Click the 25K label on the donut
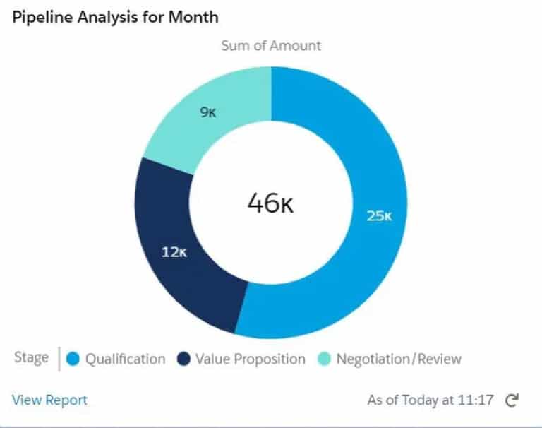pos(378,216)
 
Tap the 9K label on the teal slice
pos(208,112)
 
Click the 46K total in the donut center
pos(270,203)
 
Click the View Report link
pos(49,400)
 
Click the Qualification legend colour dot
pos(73,359)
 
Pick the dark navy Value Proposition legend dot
pos(184,359)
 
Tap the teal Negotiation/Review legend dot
pos(324,359)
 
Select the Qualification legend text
pos(125,359)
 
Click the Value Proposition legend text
pos(251,359)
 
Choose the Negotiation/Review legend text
pos(399,359)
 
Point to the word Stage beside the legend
pos(31,358)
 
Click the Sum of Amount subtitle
pos(271,46)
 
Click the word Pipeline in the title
pos(37,16)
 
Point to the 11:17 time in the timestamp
pos(476,400)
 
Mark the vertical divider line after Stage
pos(59,358)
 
